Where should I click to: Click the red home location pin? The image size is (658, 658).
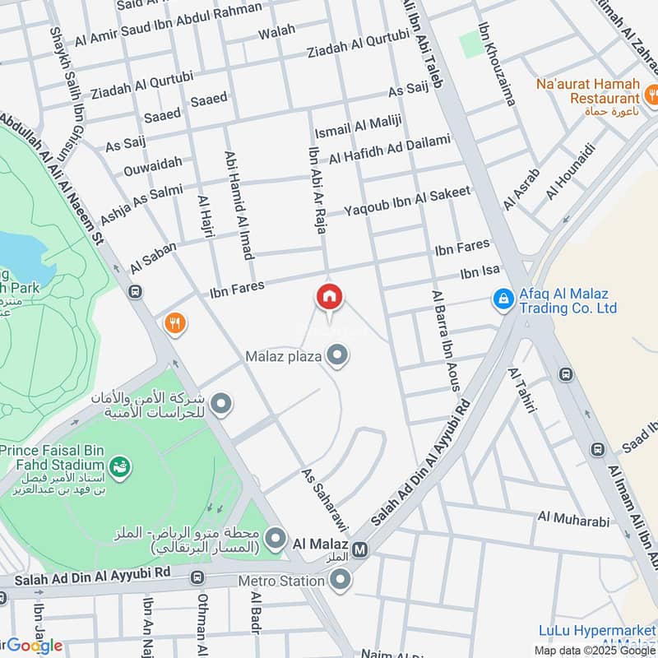(330, 297)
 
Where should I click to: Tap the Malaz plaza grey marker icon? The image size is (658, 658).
(336, 356)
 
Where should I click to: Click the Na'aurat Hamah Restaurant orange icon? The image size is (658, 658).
(651, 92)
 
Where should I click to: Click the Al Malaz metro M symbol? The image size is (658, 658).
(359, 549)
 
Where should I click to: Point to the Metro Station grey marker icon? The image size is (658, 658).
(341, 581)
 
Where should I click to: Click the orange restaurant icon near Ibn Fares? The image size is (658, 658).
(174, 324)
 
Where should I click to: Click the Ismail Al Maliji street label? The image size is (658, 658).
(358, 127)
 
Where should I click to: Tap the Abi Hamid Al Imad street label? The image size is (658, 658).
(235, 205)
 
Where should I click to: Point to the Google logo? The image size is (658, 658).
(33, 646)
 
